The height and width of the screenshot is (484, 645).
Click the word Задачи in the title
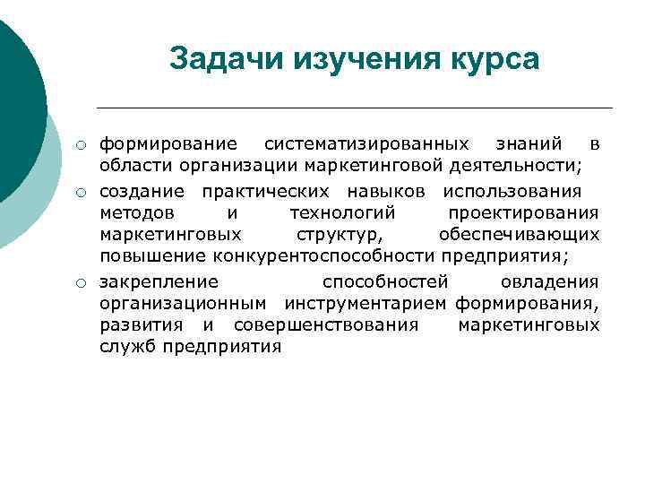tap(219, 59)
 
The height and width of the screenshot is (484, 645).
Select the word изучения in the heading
tap(357, 59)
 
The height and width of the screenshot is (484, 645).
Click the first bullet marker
tap(81, 145)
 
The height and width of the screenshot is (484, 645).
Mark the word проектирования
tap(523, 212)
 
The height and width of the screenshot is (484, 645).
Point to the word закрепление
tap(158, 282)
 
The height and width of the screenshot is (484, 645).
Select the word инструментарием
tap(366, 305)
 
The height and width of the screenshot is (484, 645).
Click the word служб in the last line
tap(126, 347)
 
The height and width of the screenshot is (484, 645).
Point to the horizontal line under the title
tap(358, 108)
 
